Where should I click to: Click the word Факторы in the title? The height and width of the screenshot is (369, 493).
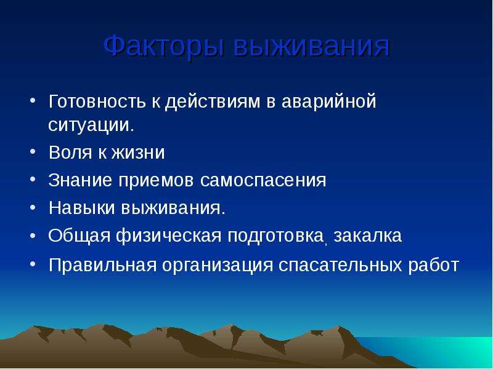point(164,46)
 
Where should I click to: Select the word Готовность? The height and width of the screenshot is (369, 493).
point(97,101)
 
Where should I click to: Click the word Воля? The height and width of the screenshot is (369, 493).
point(70,153)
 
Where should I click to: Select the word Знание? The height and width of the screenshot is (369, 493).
point(80,180)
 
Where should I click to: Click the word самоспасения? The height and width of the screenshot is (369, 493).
point(263,181)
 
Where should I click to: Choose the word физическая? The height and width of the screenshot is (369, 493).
point(169,236)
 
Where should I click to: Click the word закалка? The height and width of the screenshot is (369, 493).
point(368,236)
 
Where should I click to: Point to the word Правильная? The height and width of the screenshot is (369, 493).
point(103,265)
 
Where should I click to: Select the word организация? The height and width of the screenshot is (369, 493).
point(218,266)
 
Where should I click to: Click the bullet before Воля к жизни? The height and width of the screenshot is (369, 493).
point(33,152)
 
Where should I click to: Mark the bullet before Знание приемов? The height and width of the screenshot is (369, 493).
point(33,180)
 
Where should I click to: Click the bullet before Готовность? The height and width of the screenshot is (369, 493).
point(33,101)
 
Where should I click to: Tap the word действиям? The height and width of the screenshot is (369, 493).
point(213,102)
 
